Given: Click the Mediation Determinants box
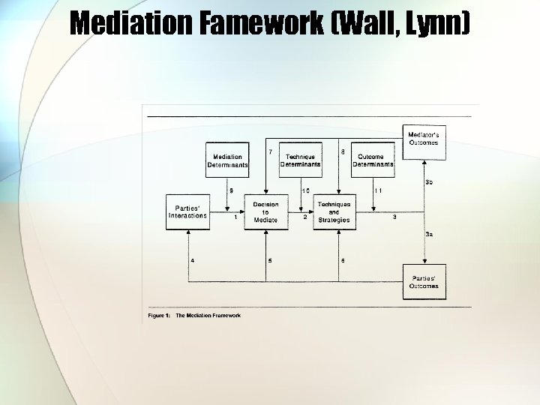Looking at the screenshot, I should pos(227,160).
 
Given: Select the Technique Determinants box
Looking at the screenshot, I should pos(300,160).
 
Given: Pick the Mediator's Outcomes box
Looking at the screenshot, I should pos(424,142).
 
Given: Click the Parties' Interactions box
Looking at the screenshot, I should pos(187,212).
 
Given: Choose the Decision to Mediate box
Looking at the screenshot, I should pos(265,212).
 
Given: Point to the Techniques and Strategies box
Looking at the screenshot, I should pos(334,212).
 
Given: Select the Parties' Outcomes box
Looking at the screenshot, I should pos(424,282).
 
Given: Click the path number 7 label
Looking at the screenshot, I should pos(270,151).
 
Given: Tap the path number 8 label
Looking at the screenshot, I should pos(343,151).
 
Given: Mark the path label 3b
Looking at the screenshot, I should pos(429,182).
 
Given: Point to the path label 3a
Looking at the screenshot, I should pos(429,235).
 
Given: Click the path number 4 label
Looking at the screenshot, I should pos(193,260).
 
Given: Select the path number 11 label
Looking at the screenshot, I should pos(378,190).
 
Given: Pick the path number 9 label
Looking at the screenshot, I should pos(231,190).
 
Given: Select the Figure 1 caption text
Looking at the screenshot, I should pos(194,316).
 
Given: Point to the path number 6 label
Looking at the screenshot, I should pos(343,260).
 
